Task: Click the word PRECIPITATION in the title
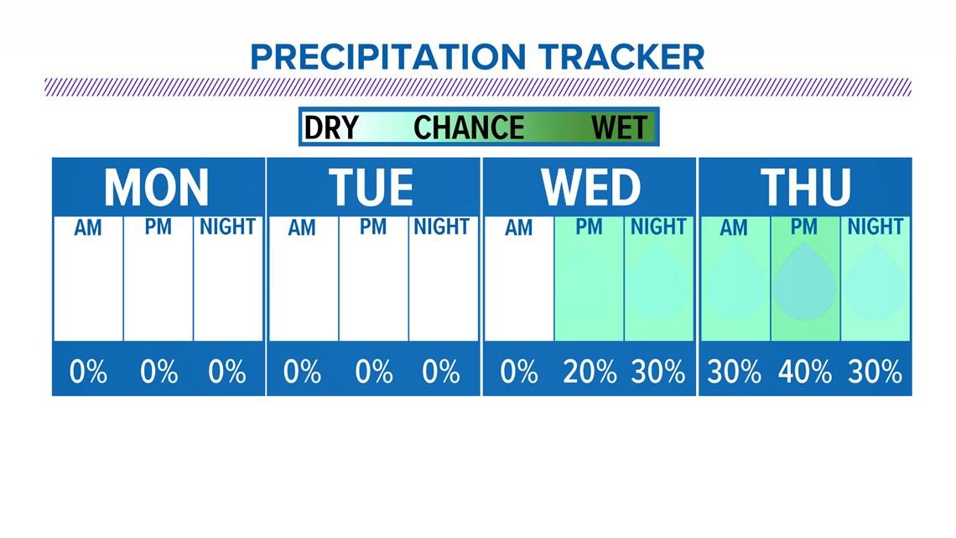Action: [387, 57]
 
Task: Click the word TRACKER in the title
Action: [621, 57]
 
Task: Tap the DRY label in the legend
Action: [331, 128]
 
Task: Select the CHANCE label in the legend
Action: [469, 128]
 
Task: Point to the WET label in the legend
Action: [620, 128]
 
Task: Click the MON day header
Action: [157, 187]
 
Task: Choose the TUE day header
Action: [371, 187]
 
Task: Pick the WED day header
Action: [591, 187]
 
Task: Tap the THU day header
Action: [805, 187]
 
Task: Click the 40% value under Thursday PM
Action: [805, 372]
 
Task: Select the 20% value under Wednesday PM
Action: [590, 372]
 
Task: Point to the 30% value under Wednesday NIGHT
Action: [657, 372]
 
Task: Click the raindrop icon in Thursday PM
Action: [805, 282]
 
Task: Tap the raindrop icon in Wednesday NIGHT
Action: [658, 282]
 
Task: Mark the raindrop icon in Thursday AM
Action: [734, 282]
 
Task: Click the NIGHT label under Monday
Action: [227, 227]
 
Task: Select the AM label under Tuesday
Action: [302, 227]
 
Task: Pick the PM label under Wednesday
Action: [589, 227]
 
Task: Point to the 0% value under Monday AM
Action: [88, 372]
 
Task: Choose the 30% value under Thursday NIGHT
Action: [875, 372]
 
